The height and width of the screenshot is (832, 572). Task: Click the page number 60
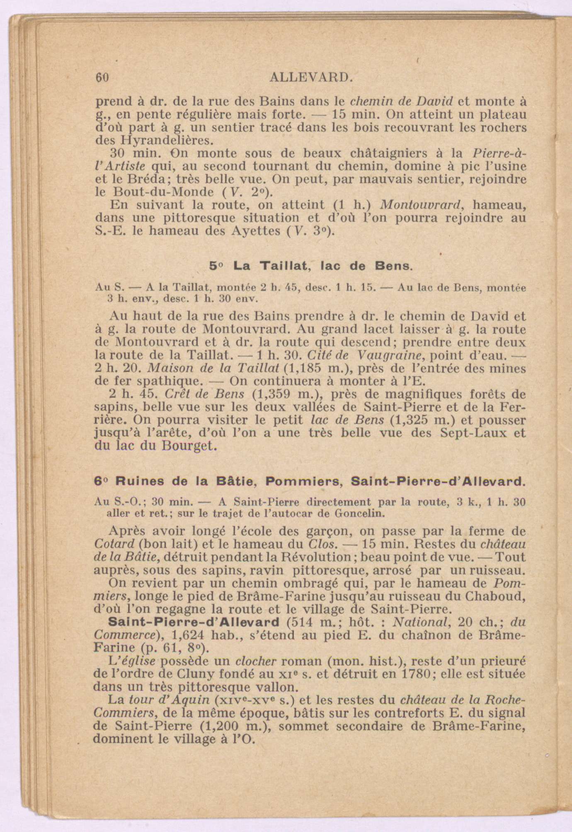coord(102,78)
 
